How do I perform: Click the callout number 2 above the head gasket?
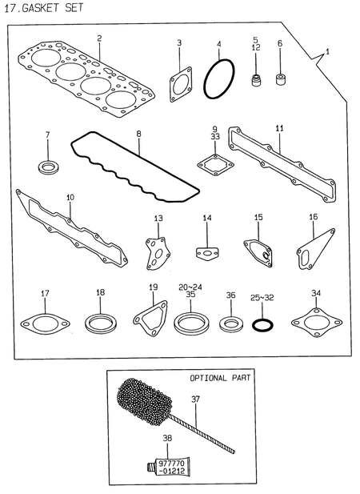tap(99, 38)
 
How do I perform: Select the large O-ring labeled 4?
tap(218, 80)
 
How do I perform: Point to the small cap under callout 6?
tap(281, 80)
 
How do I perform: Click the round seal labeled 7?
tap(47, 167)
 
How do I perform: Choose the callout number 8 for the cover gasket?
tap(138, 134)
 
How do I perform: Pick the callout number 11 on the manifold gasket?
tap(279, 128)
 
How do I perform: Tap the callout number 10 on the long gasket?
tap(70, 197)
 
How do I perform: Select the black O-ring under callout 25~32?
tap(263, 325)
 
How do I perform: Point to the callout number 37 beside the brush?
tap(195, 398)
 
